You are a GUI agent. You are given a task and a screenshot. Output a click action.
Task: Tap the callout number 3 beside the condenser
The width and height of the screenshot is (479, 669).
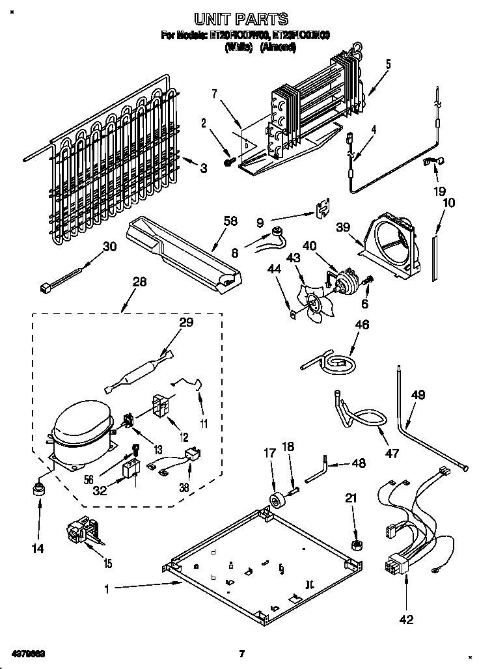click(204, 169)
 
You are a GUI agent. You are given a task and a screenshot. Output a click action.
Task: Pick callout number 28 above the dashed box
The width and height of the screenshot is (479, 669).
click(139, 282)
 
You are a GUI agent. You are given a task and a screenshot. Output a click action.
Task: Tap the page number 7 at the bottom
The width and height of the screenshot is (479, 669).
click(241, 653)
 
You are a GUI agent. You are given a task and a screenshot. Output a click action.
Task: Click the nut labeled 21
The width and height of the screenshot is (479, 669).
click(356, 544)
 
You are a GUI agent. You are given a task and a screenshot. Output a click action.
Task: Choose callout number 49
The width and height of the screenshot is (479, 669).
click(418, 394)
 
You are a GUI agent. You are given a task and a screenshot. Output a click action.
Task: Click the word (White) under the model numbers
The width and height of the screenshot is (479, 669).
click(238, 48)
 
